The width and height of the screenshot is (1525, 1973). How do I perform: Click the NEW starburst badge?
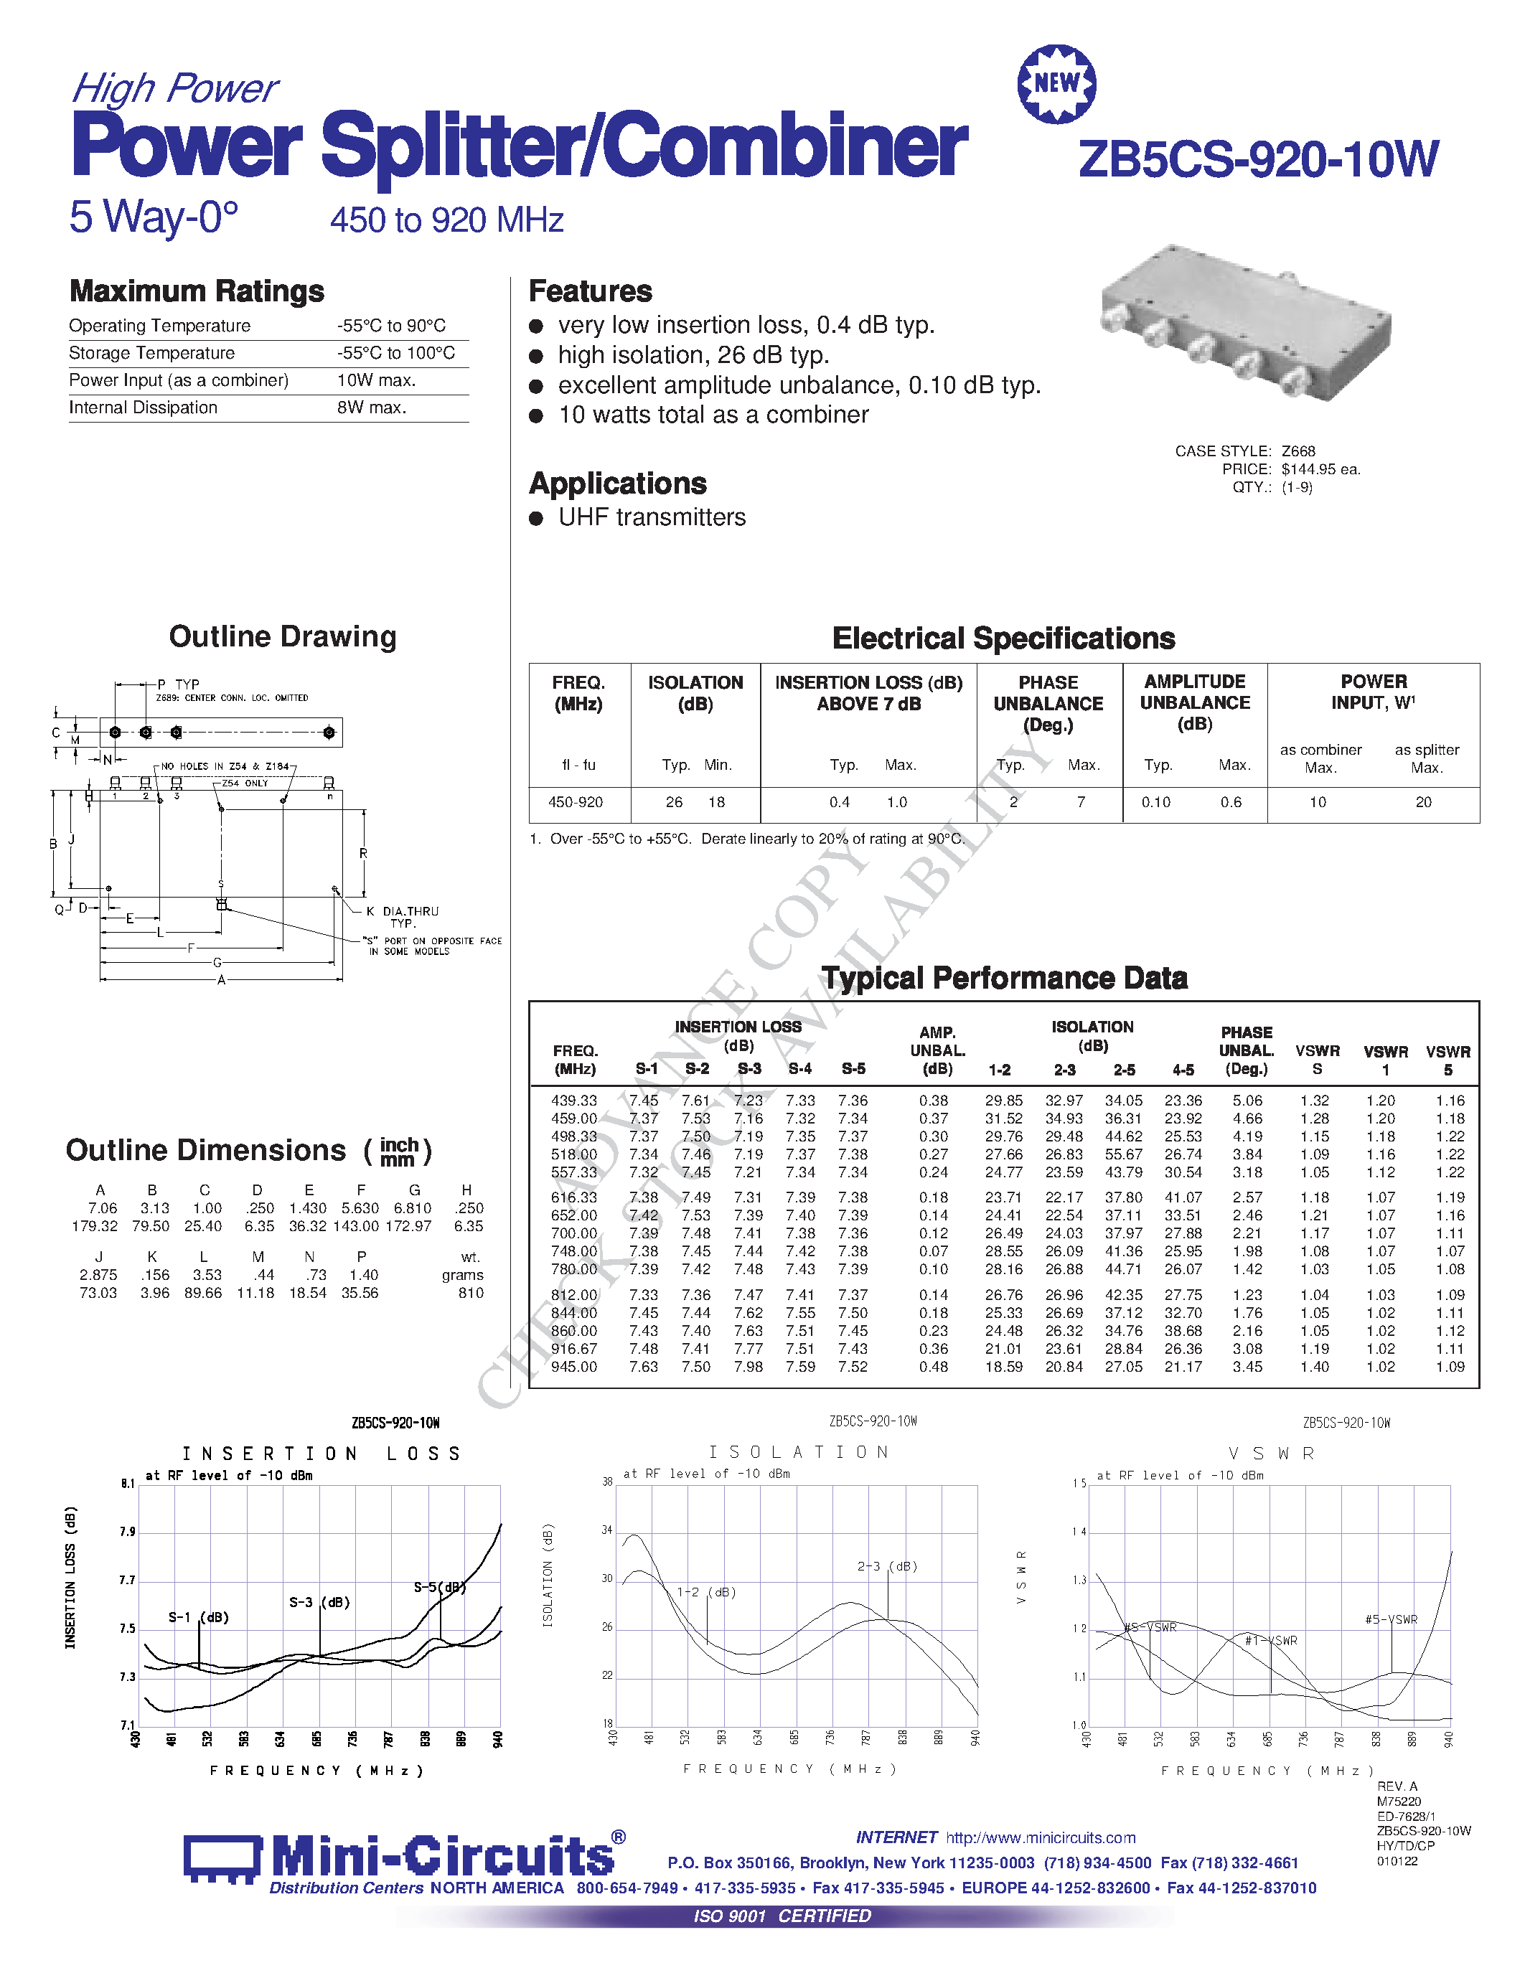[x=1056, y=84]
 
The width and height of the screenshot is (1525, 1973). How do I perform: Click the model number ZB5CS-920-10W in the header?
[x=1257, y=160]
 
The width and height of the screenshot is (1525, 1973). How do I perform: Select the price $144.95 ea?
[x=1320, y=469]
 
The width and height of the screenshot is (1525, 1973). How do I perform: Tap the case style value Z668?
[x=1298, y=451]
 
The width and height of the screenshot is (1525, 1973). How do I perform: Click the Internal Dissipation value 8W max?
[x=371, y=408]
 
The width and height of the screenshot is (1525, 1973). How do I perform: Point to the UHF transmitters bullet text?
[x=652, y=517]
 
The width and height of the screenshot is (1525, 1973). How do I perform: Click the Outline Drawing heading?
[x=283, y=637]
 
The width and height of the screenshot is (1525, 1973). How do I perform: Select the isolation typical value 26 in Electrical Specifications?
[x=674, y=802]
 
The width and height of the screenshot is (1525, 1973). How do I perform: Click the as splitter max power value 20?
[x=1423, y=802]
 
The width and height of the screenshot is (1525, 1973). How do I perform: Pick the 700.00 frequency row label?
[x=573, y=1233]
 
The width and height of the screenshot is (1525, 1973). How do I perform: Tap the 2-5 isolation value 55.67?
[x=1123, y=1154]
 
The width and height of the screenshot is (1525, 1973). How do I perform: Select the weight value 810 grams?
[x=470, y=1293]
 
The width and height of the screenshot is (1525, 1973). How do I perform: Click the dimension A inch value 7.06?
[x=102, y=1207]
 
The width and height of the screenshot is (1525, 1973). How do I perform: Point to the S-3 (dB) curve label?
[x=319, y=1603]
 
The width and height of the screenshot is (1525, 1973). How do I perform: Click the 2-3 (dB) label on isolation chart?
[x=887, y=1566]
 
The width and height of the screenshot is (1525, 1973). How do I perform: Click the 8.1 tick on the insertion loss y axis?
[x=128, y=1484]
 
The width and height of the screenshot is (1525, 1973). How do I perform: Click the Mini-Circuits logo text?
[x=442, y=1857]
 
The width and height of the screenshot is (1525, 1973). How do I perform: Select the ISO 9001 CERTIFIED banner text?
[x=782, y=1916]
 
